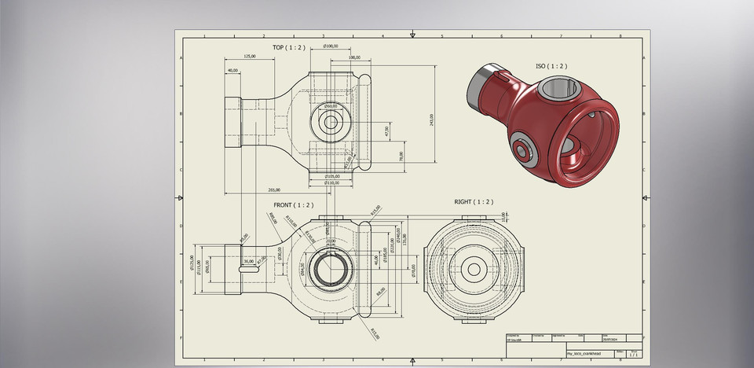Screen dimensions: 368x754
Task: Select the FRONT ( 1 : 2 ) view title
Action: point(293,205)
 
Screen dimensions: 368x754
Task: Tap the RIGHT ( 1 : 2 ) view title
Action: point(474,202)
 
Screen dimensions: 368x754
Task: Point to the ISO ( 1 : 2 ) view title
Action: point(551,67)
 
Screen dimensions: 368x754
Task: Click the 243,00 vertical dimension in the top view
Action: point(431,119)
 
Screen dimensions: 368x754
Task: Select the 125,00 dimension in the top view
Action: point(249,57)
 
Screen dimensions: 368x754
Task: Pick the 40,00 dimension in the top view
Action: point(232,71)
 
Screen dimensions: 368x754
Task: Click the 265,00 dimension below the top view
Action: point(273,190)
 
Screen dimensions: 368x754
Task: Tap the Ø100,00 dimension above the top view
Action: point(331,46)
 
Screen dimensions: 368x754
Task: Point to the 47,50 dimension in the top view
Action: point(386,131)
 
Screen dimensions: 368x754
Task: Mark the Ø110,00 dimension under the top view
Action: point(332,183)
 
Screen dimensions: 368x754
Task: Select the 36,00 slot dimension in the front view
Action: point(249,261)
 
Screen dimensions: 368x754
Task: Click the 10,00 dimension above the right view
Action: point(503,216)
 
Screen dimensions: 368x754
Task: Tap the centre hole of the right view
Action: point(474,269)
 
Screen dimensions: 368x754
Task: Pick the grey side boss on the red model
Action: point(522,148)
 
